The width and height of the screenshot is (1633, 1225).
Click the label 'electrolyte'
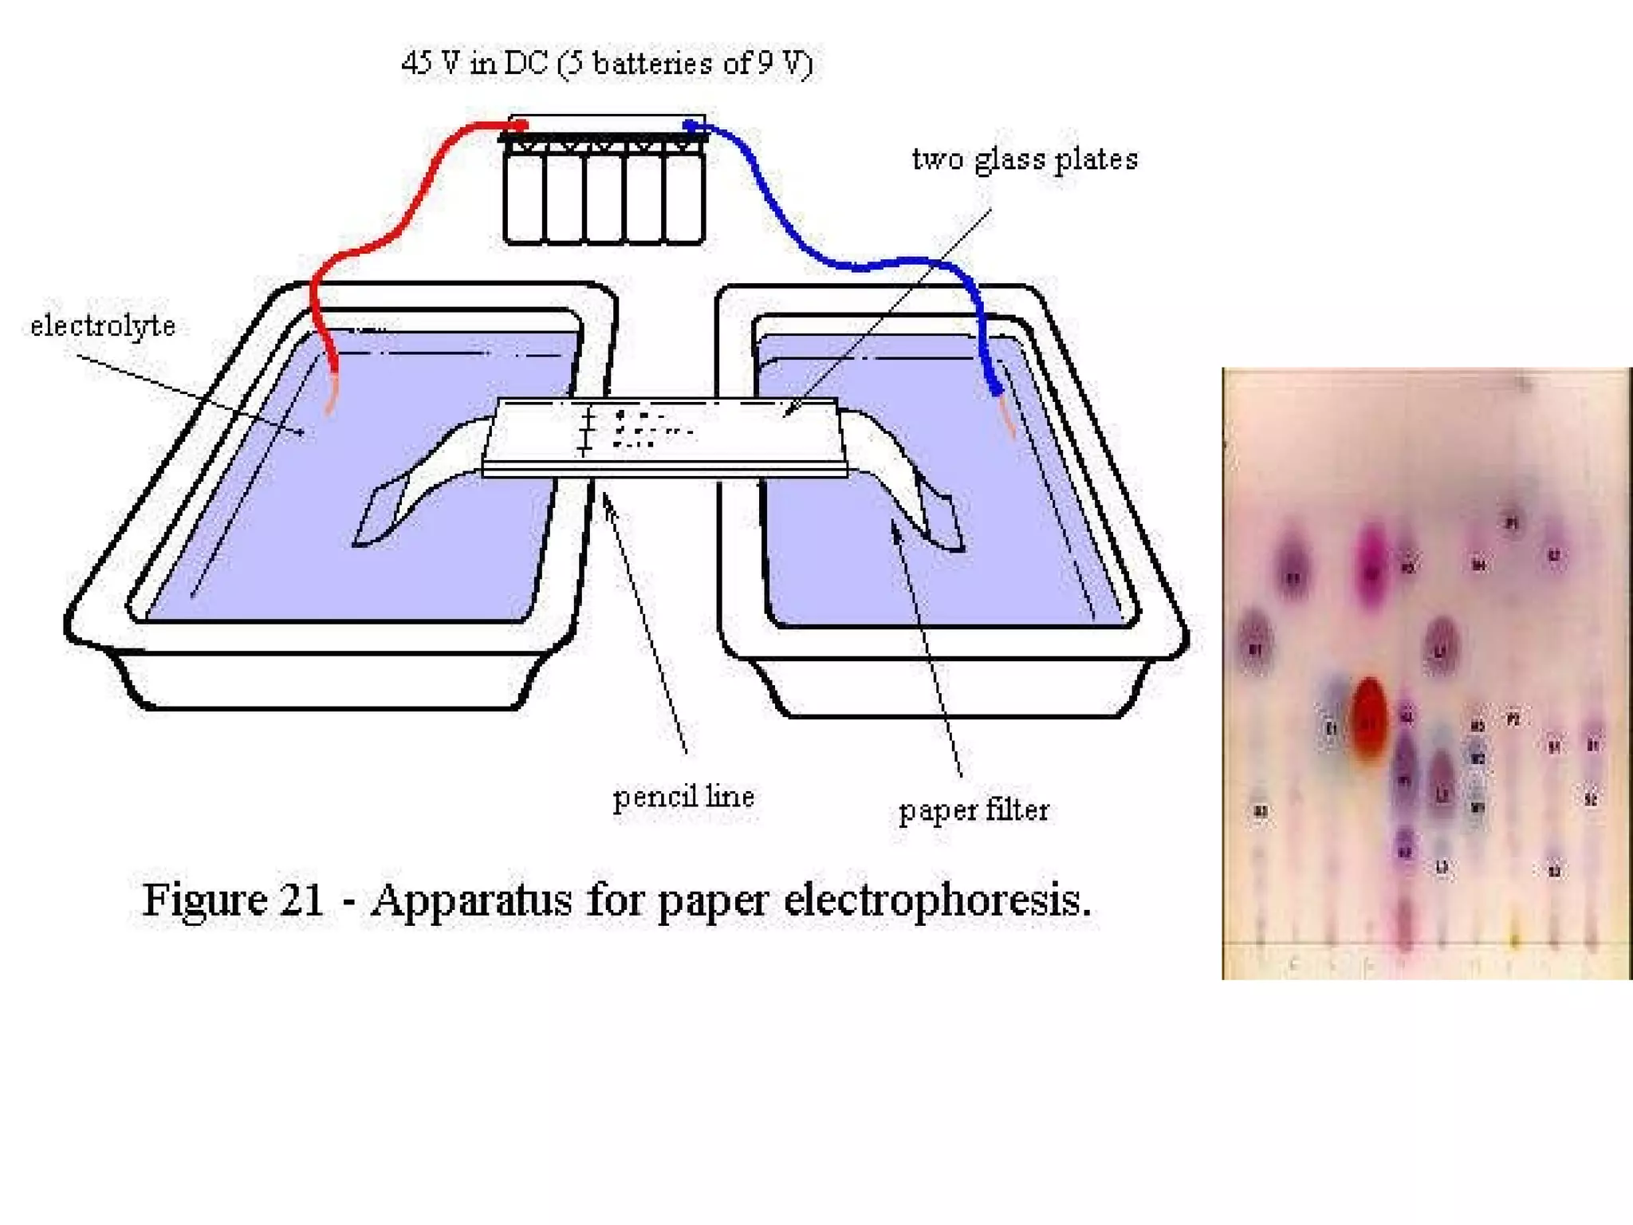pos(103,326)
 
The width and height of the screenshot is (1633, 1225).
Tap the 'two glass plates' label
pos(1025,160)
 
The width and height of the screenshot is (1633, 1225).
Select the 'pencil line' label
pos(683,797)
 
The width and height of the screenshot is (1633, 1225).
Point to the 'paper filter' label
pos(974,810)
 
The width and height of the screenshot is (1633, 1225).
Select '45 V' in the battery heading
pos(431,63)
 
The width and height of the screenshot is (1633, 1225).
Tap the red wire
pos(415,199)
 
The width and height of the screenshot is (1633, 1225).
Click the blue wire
pos(797,231)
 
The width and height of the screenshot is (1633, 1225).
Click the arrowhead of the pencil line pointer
pos(606,498)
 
